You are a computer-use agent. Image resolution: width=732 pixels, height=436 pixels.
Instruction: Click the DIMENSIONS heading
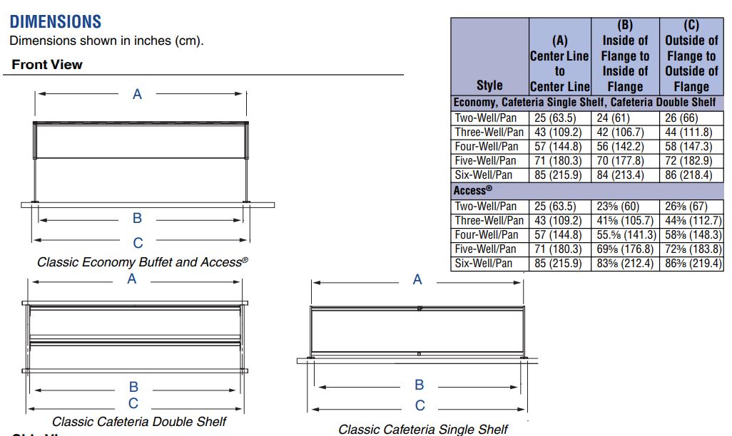(x=56, y=21)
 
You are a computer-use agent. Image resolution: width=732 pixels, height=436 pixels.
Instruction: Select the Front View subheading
(x=47, y=65)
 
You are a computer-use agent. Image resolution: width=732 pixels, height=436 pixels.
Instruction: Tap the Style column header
(x=489, y=85)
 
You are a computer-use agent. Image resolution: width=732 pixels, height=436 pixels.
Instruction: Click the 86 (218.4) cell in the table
(x=691, y=175)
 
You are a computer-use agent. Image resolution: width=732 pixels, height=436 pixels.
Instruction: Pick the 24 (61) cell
(x=625, y=118)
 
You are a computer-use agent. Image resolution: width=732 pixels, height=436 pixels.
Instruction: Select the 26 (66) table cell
(x=691, y=118)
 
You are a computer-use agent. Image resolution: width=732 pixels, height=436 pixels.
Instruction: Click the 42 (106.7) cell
(x=625, y=132)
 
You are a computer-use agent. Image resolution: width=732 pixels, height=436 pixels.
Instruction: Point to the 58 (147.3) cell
(x=691, y=146)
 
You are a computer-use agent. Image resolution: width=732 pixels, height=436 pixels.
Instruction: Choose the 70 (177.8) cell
(x=625, y=160)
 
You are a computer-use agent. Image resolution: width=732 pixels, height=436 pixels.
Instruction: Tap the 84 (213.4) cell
(x=625, y=175)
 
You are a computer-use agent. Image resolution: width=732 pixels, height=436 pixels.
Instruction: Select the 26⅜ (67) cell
(x=691, y=207)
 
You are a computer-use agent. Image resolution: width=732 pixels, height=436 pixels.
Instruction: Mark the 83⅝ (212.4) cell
(x=625, y=264)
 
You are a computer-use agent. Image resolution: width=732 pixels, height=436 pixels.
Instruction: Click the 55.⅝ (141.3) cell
(x=625, y=235)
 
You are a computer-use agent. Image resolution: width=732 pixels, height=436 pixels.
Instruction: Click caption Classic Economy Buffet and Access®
(x=142, y=262)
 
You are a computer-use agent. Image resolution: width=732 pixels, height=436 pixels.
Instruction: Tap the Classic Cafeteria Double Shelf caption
(x=139, y=422)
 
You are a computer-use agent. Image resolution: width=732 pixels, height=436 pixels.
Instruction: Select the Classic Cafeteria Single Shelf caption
(x=423, y=429)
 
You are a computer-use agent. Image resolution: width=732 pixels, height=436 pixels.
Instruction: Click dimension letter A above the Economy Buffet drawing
(x=138, y=94)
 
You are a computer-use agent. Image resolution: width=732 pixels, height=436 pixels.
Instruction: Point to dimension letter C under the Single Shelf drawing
(x=420, y=406)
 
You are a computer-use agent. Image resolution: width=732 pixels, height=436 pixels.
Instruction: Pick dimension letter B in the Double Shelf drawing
(x=133, y=388)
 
